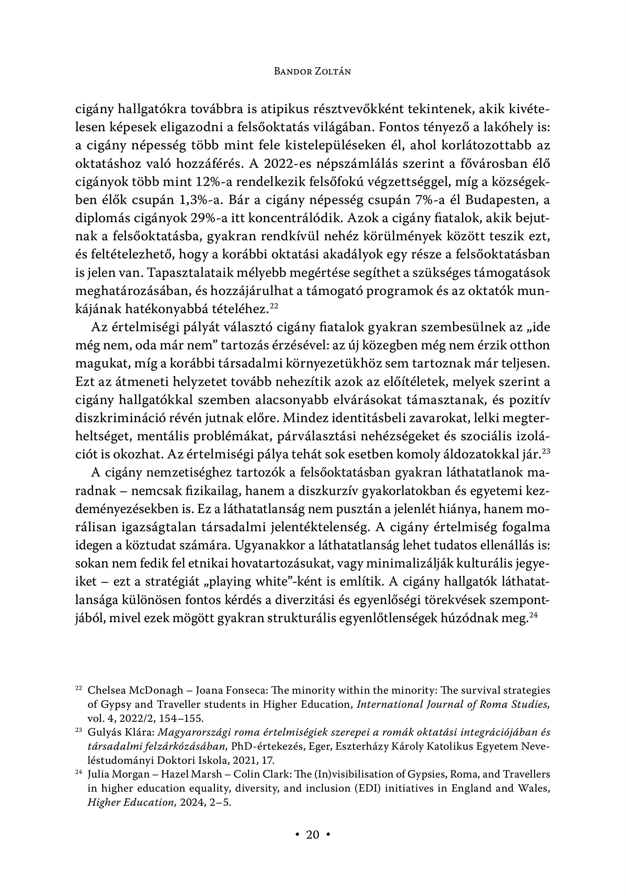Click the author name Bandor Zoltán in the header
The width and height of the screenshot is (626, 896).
pyautogui.click(x=312, y=71)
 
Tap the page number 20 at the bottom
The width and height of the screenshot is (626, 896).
pyautogui.click(x=312, y=835)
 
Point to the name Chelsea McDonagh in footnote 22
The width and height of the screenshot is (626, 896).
pyautogui.click(x=135, y=690)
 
